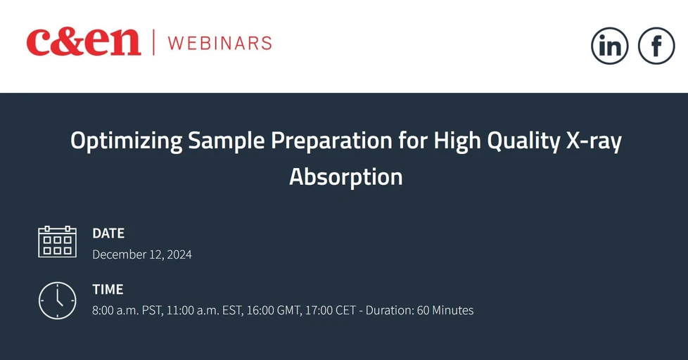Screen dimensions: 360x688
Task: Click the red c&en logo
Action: (84, 42)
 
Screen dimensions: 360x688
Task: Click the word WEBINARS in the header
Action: (219, 43)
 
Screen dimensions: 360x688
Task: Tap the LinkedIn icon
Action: (609, 46)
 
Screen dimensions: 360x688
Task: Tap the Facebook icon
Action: (656, 46)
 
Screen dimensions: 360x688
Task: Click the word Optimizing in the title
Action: (126, 141)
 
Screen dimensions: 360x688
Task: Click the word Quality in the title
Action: (504, 141)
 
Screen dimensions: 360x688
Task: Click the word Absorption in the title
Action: (345, 176)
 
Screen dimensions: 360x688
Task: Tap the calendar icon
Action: (57, 241)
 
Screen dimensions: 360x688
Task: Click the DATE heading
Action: (108, 233)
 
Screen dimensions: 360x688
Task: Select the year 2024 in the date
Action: (179, 255)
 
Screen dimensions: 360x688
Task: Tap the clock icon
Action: (57, 300)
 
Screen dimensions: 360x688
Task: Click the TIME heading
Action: (108, 289)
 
